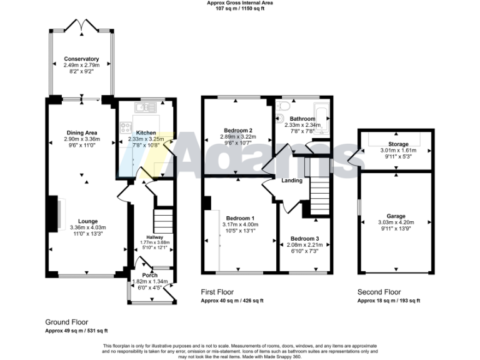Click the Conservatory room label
pyautogui.click(x=81, y=59)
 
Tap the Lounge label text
pyautogui.click(x=88, y=221)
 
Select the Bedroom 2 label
pyautogui.click(x=236, y=130)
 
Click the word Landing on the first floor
pyautogui.click(x=292, y=181)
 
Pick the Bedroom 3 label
pyautogui.click(x=304, y=239)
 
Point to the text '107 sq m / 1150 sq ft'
pyautogui.click(x=240, y=9)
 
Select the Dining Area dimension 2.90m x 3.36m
pyautogui.click(x=82, y=139)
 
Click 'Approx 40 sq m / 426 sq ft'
pyautogui.click(x=232, y=301)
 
